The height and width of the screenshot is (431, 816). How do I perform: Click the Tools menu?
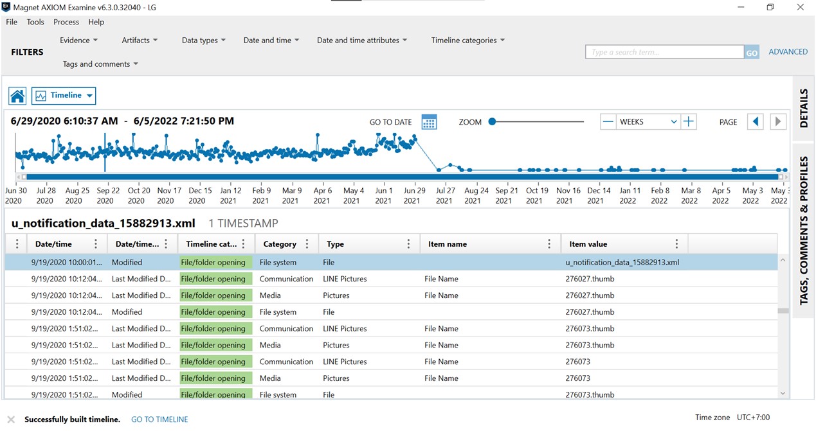[x=35, y=22]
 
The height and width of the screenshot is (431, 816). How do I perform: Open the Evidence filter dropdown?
[x=78, y=40]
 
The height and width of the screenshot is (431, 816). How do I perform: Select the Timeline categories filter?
[x=467, y=40]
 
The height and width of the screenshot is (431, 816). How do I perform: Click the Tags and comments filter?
[x=100, y=64]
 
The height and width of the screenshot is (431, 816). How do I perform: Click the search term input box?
[x=664, y=52]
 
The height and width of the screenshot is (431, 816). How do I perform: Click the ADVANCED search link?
[x=788, y=51]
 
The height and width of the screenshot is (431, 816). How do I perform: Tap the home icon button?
[x=17, y=96]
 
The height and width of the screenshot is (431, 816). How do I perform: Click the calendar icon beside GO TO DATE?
[x=429, y=122]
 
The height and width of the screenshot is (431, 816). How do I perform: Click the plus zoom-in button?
[x=688, y=121]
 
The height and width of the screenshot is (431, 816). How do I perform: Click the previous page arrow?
[x=755, y=121]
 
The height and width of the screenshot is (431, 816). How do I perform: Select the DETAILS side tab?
[x=803, y=108]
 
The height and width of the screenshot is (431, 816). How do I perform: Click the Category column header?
[x=280, y=244]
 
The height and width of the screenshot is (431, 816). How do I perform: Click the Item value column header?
[x=588, y=244]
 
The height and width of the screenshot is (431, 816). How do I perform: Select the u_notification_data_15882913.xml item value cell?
[x=622, y=262]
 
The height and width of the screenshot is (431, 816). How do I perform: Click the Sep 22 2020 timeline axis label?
[x=107, y=195]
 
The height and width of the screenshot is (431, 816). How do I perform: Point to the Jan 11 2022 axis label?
[x=630, y=195]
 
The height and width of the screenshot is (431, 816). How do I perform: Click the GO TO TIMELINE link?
[x=159, y=419]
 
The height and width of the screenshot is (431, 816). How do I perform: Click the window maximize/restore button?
[x=770, y=7]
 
